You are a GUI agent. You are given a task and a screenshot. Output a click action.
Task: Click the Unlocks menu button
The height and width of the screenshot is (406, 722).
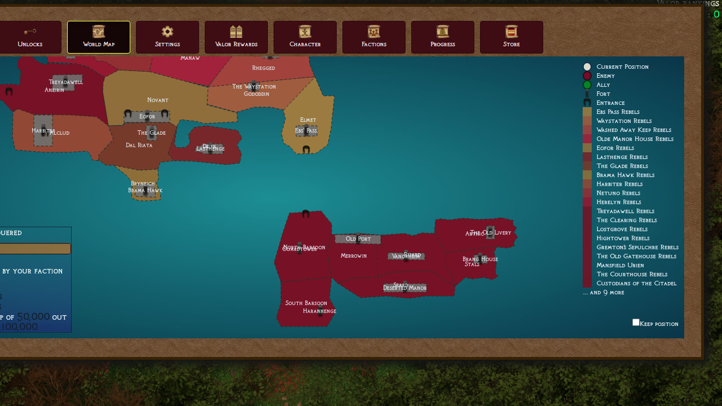[30, 37]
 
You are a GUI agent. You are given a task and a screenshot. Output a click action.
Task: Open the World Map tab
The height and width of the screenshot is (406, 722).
[99, 37]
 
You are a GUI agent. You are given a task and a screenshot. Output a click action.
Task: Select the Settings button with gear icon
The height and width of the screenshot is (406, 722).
[168, 37]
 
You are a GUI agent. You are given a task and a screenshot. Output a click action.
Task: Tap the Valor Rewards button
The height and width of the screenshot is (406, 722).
[236, 37]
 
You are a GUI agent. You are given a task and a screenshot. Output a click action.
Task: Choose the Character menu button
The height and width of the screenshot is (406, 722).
[305, 37]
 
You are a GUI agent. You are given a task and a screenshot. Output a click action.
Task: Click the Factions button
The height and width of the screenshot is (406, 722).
[374, 37]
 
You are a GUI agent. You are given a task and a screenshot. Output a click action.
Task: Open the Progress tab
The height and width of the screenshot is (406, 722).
[443, 37]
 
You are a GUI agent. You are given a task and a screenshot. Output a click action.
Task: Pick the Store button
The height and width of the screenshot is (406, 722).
[512, 37]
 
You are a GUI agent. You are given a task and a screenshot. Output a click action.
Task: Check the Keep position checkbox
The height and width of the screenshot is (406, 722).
[636, 323]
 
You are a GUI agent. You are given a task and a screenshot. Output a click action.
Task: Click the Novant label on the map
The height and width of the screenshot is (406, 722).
[158, 100]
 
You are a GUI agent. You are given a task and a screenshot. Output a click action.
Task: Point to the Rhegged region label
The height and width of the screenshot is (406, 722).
[263, 68]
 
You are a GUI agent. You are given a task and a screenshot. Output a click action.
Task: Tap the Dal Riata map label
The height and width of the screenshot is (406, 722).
[139, 145]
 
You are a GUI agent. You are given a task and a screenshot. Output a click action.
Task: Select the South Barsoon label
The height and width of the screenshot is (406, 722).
[306, 303]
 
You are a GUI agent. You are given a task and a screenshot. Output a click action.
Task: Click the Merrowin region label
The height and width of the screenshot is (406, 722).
[354, 256]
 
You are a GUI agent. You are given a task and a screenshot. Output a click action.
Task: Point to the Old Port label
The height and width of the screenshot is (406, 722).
[358, 239]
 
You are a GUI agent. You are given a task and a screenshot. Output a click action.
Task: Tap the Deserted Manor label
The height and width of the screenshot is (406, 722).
[405, 288]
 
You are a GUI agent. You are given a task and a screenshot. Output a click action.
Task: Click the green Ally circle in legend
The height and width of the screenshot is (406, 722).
[587, 85]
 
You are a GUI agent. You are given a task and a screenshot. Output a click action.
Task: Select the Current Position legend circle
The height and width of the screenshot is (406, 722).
[587, 67]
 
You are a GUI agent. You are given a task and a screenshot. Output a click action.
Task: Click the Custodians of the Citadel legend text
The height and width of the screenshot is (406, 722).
[636, 283]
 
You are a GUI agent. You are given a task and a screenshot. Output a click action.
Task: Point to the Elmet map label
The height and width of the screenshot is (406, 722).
[308, 120]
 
